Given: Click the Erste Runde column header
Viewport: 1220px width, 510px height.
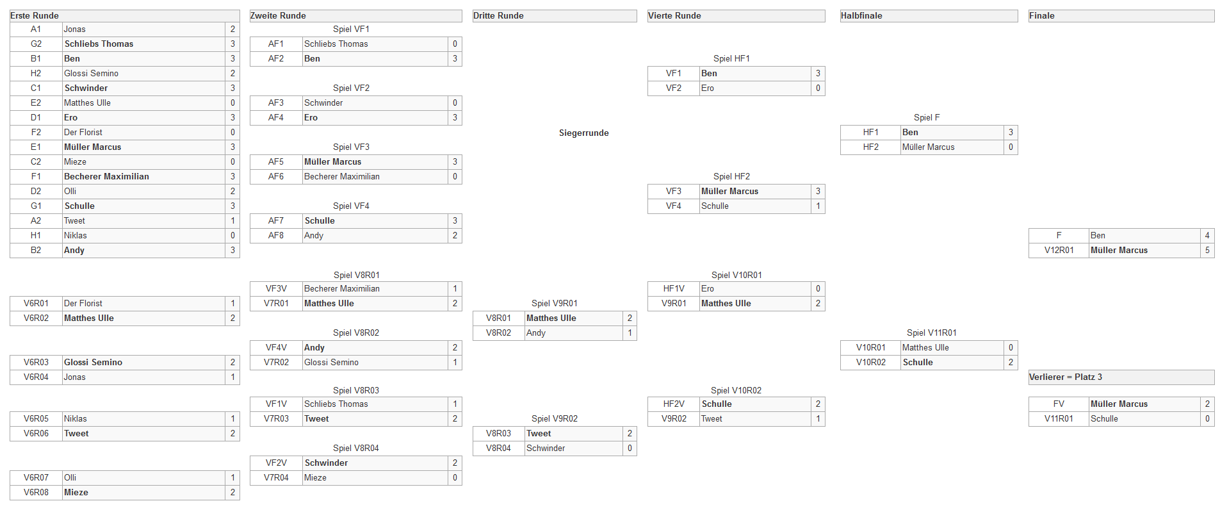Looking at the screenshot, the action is click(35, 15).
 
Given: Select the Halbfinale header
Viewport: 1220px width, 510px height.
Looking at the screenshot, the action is click(861, 15).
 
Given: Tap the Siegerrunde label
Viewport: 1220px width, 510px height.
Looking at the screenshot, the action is click(583, 133).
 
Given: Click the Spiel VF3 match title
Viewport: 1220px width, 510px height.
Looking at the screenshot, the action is click(351, 147).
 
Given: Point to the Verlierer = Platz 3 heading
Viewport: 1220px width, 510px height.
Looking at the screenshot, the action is click(1066, 377).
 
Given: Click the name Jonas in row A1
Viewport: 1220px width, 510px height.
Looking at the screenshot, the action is click(74, 29).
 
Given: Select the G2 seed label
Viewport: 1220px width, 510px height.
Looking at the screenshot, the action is click(36, 44).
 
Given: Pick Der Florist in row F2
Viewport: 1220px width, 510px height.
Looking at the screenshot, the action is click(83, 132).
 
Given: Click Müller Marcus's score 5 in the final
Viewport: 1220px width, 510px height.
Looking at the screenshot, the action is click(1207, 250).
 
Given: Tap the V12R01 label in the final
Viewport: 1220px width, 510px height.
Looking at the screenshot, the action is click(1059, 250).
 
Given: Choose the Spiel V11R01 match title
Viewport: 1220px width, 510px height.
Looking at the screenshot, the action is click(932, 333).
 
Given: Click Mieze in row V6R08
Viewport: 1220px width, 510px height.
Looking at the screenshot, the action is click(76, 492).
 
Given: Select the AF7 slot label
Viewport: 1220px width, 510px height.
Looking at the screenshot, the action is click(276, 220).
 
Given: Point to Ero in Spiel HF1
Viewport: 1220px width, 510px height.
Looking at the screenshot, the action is click(708, 88).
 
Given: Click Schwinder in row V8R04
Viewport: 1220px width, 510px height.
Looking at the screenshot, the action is click(546, 448).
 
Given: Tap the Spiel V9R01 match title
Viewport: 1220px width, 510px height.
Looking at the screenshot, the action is click(555, 303).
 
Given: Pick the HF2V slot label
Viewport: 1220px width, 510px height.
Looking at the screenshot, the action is click(674, 404).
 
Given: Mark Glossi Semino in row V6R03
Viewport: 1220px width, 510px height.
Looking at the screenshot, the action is click(93, 362).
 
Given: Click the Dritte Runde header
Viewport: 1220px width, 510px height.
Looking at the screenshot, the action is click(498, 15).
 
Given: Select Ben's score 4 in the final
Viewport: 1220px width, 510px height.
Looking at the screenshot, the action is click(1207, 235).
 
